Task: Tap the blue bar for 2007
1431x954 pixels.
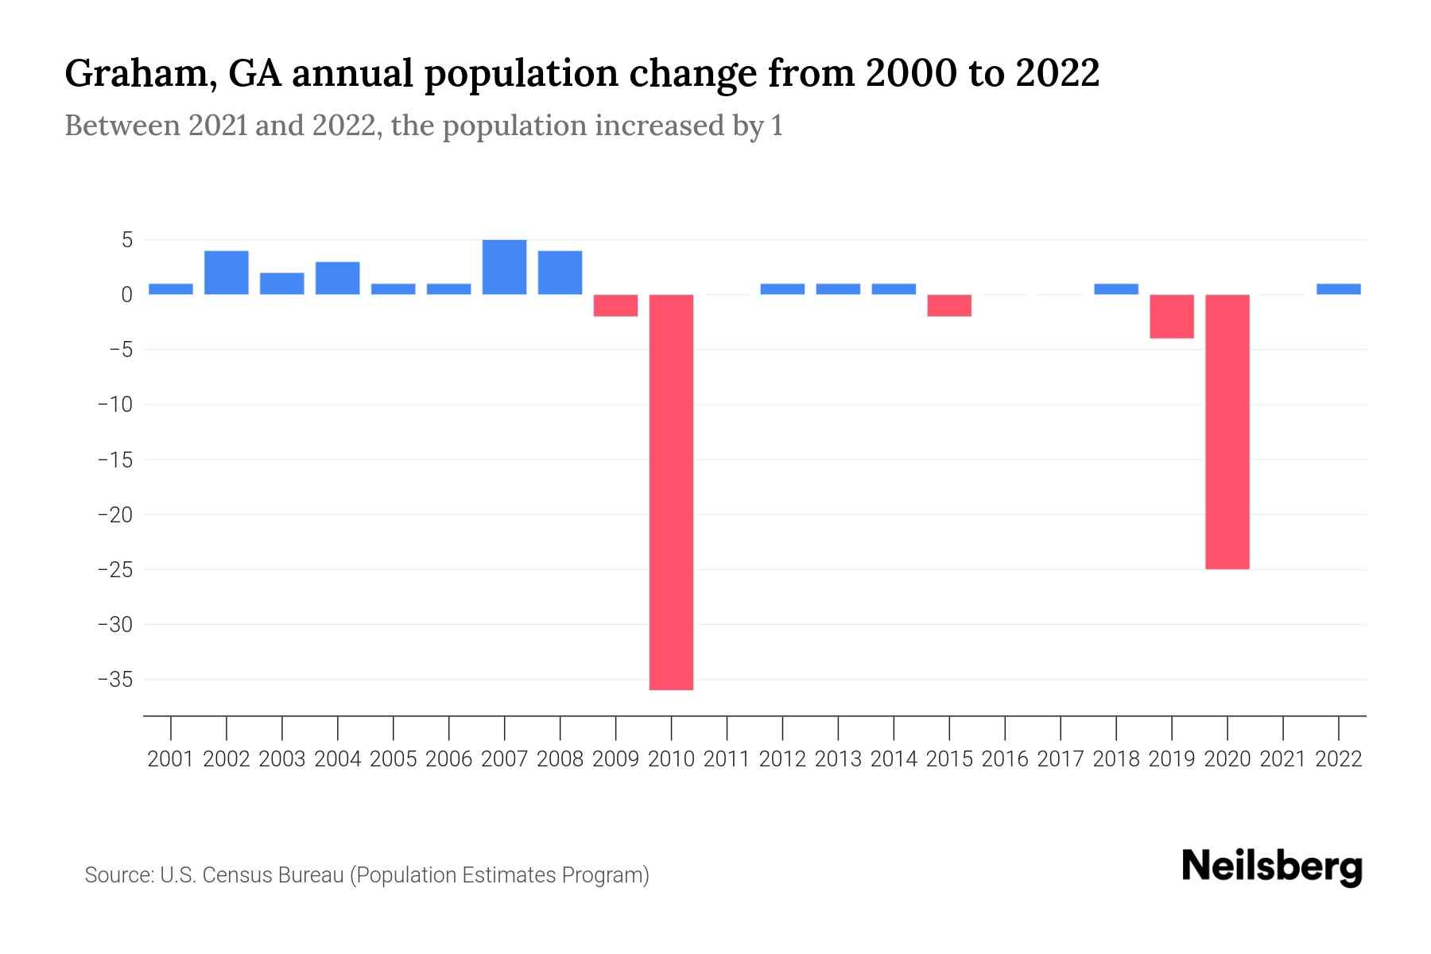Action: pos(504,267)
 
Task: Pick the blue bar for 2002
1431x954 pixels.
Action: pos(227,273)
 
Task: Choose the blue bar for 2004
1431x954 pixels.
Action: pos(337,278)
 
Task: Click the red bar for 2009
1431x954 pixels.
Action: pos(615,305)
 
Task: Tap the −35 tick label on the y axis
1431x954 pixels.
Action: pos(114,680)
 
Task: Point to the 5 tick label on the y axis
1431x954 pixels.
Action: pos(126,240)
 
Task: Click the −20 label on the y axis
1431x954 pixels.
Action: pos(114,515)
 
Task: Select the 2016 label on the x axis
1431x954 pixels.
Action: pos(1005,759)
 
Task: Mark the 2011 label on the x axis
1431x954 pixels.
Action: pos(727,759)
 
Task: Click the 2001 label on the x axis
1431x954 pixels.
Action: pos(171,759)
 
